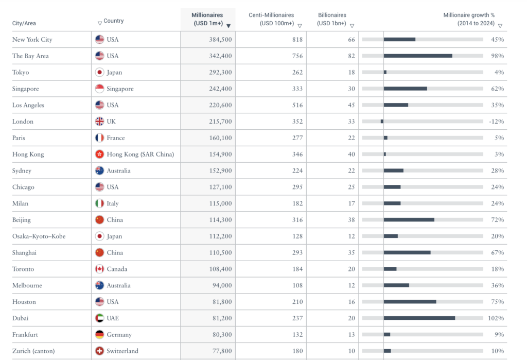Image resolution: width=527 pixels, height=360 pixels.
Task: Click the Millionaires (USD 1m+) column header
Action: (208, 19)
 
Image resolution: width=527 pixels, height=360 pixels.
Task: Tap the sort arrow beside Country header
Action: (99, 23)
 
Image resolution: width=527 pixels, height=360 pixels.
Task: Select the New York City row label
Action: (32, 40)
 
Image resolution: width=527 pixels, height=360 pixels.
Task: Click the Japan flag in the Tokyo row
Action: (100, 73)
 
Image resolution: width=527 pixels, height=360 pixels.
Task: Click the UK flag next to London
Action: (100, 122)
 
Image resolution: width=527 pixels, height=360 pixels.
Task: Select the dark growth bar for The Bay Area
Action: (418, 56)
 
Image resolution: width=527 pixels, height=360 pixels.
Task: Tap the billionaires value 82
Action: (352, 56)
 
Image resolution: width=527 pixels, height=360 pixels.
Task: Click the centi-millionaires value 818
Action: (297, 40)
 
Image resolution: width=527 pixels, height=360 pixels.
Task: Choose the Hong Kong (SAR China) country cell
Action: (140, 155)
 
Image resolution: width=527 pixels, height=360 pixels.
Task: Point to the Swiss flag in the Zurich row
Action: (100, 351)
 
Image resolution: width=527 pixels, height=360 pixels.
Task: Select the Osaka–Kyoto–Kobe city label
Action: (39, 236)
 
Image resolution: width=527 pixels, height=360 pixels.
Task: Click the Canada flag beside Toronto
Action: (100, 269)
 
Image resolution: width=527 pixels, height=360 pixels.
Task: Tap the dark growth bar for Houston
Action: (410, 302)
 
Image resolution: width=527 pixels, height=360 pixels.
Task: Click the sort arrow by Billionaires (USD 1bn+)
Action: (352, 26)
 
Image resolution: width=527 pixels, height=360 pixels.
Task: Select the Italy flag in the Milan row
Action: (100, 203)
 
